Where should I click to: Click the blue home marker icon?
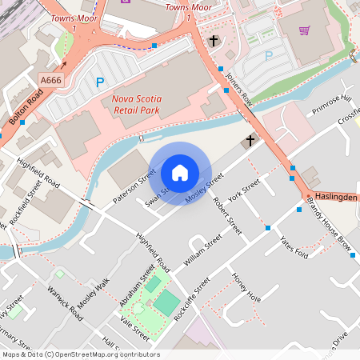click(x=180, y=173)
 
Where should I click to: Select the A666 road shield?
click(x=50, y=79)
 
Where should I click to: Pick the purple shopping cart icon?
click(x=304, y=30)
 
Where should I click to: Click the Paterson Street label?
click(x=134, y=186)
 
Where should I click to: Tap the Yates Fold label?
click(x=294, y=243)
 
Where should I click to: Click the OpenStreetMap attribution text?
click(x=80, y=354)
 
